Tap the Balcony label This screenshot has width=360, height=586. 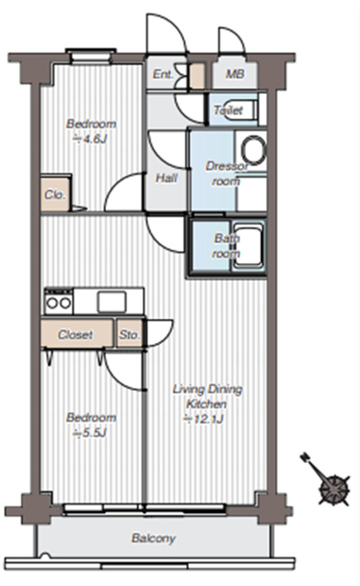click(x=153, y=538)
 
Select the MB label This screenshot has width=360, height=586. click(x=235, y=74)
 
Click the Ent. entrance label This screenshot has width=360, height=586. click(x=163, y=74)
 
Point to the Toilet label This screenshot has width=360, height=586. click(x=228, y=110)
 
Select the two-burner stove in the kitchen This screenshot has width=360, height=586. click(x=59, y=302)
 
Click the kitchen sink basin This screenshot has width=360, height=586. click(x=112, y=302)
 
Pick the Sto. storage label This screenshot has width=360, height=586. click(x=129, y=334)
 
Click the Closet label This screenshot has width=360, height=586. click(x=76, y=334)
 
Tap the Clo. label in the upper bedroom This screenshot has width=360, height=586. click(x=55, y=195)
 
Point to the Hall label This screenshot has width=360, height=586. click(x=166, y=178)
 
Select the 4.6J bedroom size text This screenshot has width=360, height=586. click(x=90, y=139)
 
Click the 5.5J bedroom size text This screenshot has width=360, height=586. click(x=90, y=433)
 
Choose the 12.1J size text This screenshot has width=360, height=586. click(x=203, y=419)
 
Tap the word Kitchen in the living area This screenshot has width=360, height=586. click(x=207, y=404)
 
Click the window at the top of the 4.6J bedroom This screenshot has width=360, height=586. click(x=90, y=55)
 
